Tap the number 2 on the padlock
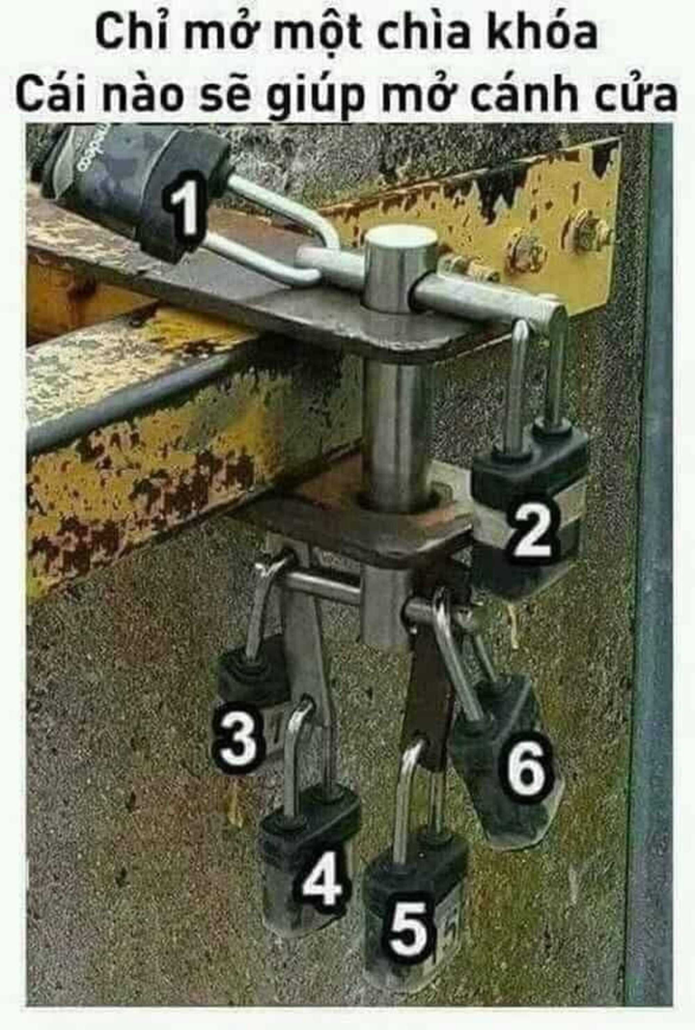(531, 530)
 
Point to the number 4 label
(321, 880)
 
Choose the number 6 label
(527, 768)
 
